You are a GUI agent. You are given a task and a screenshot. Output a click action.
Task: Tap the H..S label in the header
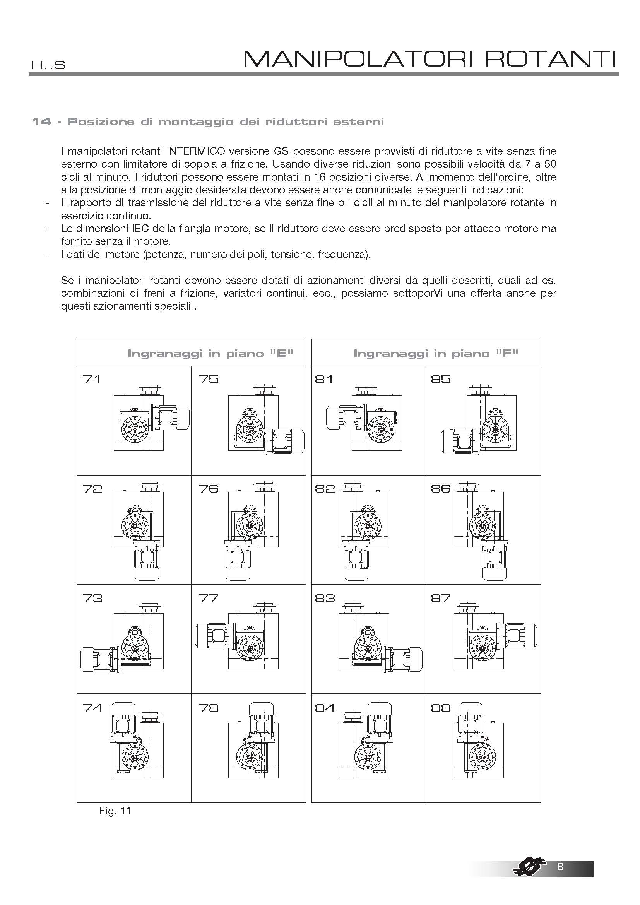click(x=48, y=65)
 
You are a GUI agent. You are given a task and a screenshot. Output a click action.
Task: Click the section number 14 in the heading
click(x=41, y=122)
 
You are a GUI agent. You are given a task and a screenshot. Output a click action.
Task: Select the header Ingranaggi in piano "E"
click(x=210, y=353)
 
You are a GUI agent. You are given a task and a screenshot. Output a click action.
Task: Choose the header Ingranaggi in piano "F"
click(x=436, y=353)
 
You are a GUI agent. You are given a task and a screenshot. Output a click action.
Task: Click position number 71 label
click(x=92, y=379)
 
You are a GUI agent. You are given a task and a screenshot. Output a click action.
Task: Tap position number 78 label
click(x=209, y=708)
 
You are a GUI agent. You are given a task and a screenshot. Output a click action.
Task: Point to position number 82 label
click(x=324, y=489)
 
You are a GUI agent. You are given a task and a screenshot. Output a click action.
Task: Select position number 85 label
click(x=441, y=379)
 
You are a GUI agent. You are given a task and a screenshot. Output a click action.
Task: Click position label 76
click(x=209, y=489)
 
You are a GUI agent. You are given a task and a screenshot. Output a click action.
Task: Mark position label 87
click(x=441, y=598)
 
